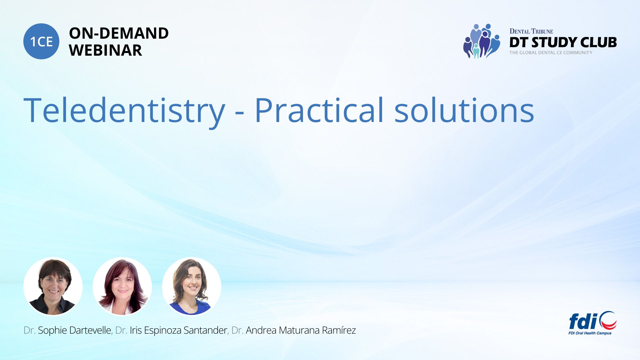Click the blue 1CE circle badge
click(41, 41)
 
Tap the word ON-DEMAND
click(119, 33)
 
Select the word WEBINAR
click(106, 50)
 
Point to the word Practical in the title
click(319, 110)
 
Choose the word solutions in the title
click(464, 110)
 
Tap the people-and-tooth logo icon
click(482, 41)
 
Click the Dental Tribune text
click(531, 31)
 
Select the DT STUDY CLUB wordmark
click(563, 42)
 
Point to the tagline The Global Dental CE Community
click(551, 53)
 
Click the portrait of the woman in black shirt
click(53, 286)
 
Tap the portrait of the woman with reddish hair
click(122, 286)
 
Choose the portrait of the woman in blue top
click(192, 286)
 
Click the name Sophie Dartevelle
click(74, 330)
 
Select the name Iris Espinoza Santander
click(178, 330)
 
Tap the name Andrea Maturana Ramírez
click(301, 330)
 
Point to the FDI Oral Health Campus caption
click(590, 333)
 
